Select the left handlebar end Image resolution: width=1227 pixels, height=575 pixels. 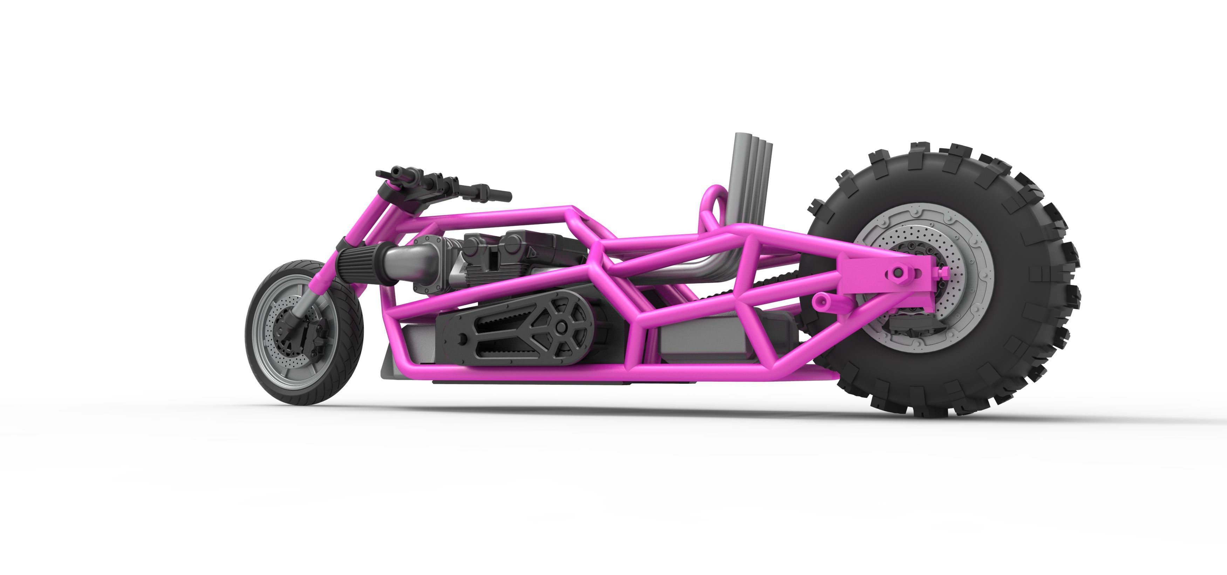[x=381, y=173]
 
